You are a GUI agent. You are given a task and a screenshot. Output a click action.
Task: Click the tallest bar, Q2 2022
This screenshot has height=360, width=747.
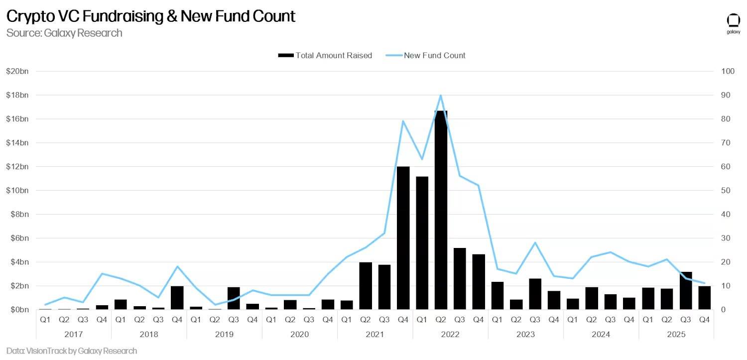(x=441, y=210)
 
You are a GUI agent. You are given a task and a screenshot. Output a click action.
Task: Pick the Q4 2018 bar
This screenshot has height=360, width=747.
(x=177, y=298)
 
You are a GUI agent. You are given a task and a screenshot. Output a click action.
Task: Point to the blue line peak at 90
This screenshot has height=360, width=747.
(x=441, y=95)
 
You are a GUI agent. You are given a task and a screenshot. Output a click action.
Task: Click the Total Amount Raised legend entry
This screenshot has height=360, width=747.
(x=325, y=55)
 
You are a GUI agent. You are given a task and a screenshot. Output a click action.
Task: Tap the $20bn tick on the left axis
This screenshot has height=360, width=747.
(x=17, y=71)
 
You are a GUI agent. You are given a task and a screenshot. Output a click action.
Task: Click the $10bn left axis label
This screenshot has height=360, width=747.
(x=17, y=190)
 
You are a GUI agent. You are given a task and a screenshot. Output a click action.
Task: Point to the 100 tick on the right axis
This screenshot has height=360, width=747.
(x=728, y=71)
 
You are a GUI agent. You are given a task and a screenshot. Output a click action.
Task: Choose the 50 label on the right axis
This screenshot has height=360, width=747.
(x=726, y=190)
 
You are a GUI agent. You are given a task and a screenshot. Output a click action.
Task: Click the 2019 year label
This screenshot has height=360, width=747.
(x=224, y=334)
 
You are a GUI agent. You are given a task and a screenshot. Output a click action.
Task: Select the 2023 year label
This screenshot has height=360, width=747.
(x=525, y=334)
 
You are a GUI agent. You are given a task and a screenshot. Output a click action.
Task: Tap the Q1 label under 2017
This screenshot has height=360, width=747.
(x=45, y=320)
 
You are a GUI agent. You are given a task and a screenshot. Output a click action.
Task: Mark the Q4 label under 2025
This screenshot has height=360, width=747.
(x=704, y=320)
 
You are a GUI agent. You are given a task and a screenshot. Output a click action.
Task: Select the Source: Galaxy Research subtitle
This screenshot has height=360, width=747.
(x=64, y=33)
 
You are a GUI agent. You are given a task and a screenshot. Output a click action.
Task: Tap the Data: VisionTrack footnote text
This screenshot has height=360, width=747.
(x=71, y=351)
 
